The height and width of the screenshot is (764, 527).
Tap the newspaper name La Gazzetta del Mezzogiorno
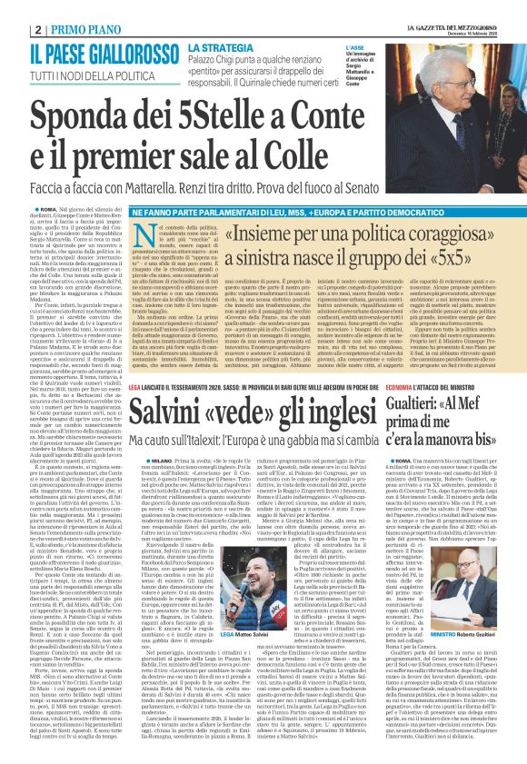pyautogui.click(x=459, y=7)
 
